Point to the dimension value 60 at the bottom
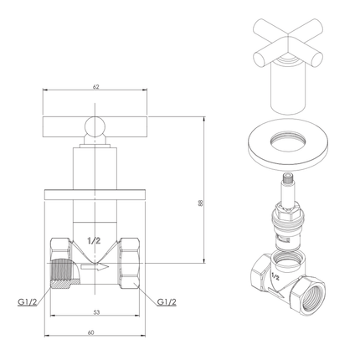[95, 332]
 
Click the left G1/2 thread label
[28, 298]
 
